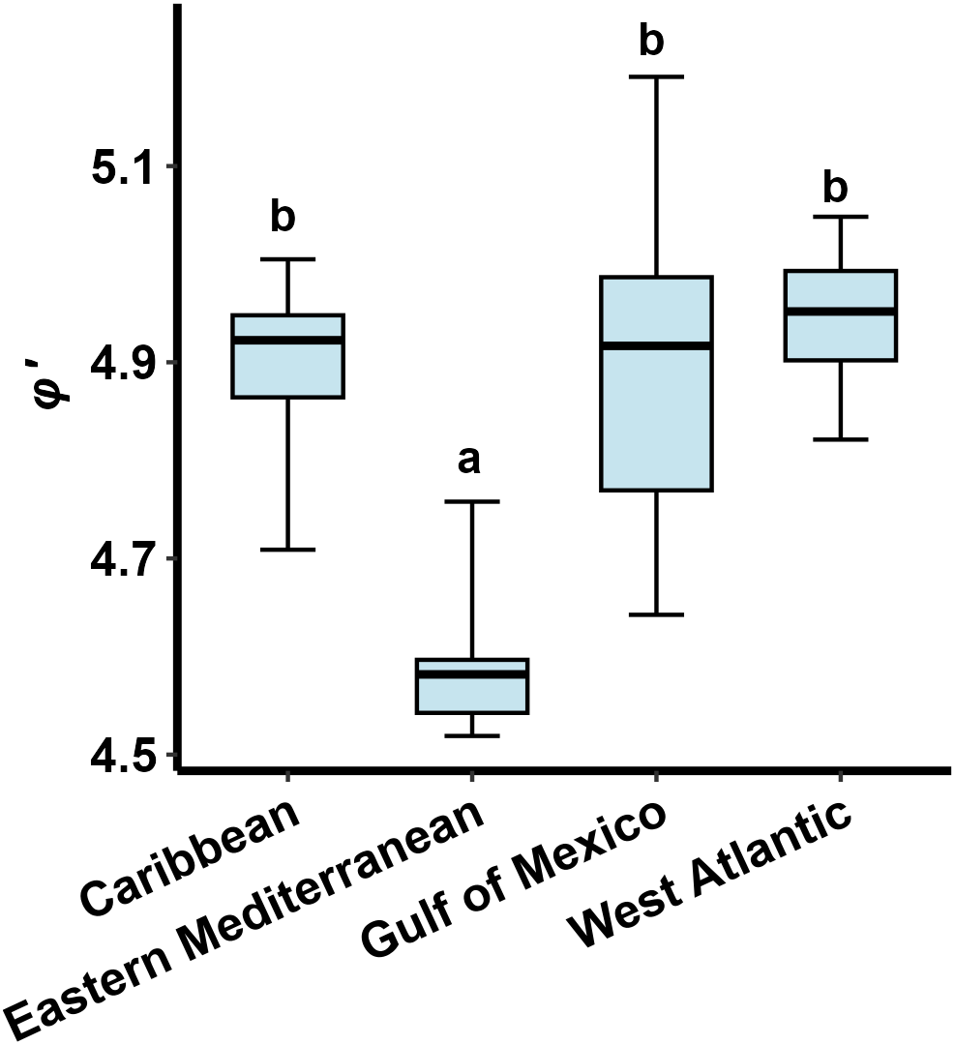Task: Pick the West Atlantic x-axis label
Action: [712, 872]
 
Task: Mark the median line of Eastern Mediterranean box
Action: [471, 674]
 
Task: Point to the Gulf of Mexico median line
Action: [656, 345]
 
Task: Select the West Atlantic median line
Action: [840, 311]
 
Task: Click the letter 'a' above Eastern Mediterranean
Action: [468, 462]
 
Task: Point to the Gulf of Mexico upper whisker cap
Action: [656, 76]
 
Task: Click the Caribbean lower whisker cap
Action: [287, 550]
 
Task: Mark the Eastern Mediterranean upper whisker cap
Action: [471, 502]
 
